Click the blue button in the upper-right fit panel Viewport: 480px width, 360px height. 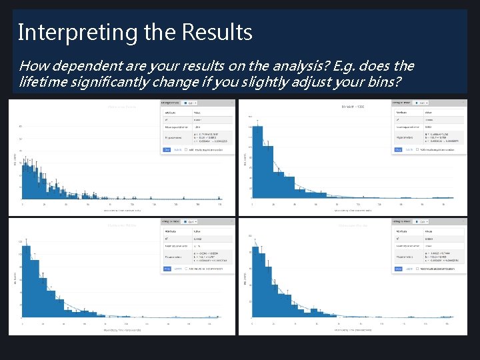[x=398, y=150]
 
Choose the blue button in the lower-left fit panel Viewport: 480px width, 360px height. [x=167, y=269]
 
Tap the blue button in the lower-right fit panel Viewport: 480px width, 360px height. [x=398, y=269]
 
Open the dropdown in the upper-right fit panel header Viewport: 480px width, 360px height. [x=421, y=103]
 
